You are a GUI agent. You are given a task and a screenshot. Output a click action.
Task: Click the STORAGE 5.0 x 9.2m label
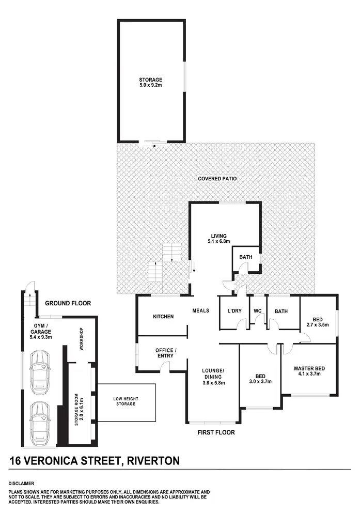pyautogui.click(x=150, y=83)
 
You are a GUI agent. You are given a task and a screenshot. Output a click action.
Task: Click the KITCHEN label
pyautogui.click(x=163, y=317)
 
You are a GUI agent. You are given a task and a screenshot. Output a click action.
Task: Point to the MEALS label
pyautogui.click(x=200, y=310)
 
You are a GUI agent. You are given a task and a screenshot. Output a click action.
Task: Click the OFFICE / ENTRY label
pyautogui.click(x=166, y=353)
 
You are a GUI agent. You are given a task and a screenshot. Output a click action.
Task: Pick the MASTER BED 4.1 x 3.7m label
pyautogui.click(x=308, y=371)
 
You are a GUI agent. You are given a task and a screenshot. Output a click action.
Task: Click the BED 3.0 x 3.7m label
pyautogui.click(x=260, y=379)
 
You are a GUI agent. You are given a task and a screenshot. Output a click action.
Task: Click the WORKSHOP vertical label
pyautogui.click(x=81, y=339)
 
